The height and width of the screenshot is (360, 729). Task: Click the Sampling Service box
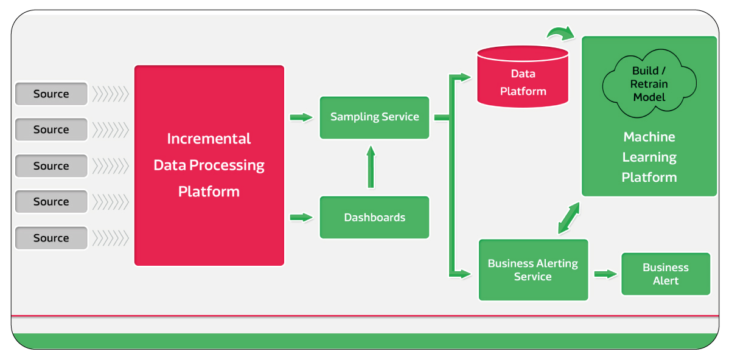tap(374, 117)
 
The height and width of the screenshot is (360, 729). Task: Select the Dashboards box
tap(374, 217)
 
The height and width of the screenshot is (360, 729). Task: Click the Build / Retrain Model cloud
tap(649, 85)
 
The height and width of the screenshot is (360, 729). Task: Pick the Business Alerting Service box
tap(533, 270)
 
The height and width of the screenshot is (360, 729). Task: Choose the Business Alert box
tap(666, 274)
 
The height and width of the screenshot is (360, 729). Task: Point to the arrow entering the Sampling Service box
tap(301, 117)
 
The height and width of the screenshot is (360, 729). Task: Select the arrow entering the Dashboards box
tap(301, 217)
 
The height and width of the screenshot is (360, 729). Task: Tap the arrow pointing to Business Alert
tap(605, 274)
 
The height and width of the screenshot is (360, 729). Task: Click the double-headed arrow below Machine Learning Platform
tap(569, 218)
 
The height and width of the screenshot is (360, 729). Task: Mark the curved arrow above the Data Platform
tap(560, 33)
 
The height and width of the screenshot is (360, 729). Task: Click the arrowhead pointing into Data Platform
tap(464, 77)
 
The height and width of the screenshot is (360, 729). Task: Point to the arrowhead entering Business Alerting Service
tap(464, 274)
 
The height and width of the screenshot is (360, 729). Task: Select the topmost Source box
tap(51, 94)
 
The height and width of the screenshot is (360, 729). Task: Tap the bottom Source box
tap(51, 238)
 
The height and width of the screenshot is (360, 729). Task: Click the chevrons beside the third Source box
tap(110, 166)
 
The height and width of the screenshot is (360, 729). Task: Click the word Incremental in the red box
tap(209, 139)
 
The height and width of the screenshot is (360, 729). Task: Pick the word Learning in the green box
tap(649, 157)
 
